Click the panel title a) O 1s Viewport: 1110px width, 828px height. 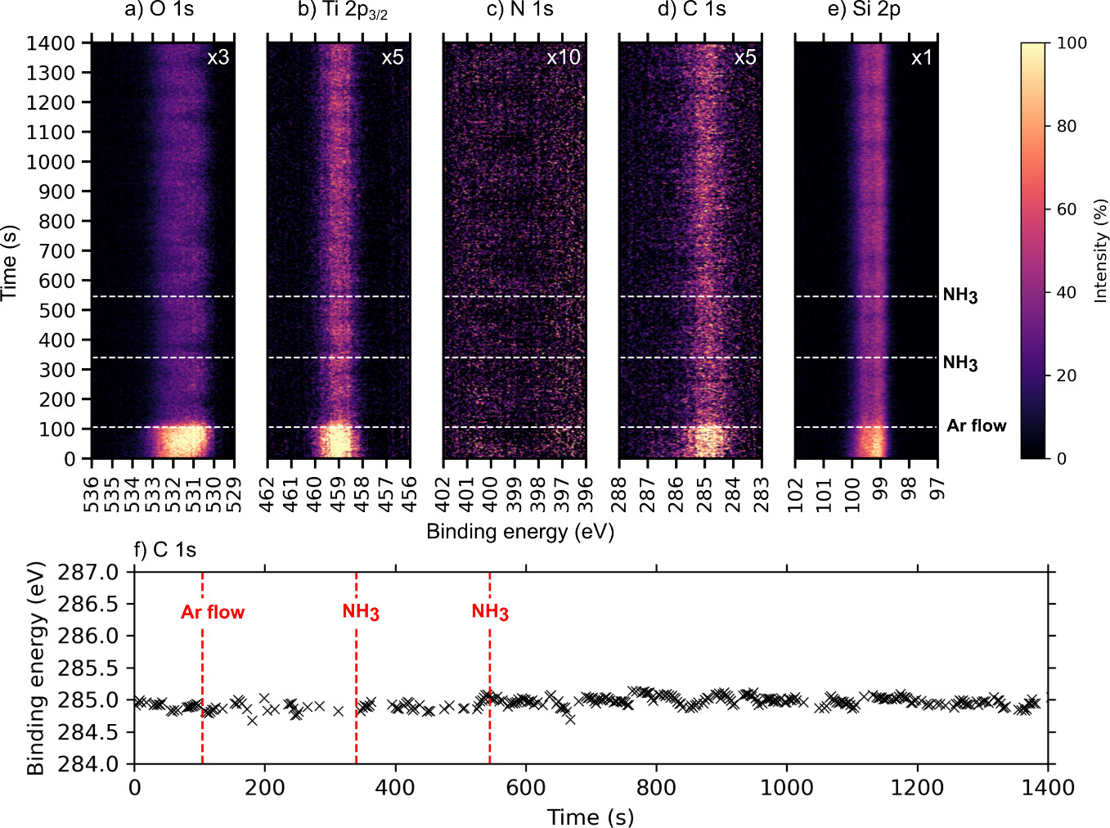tap(159, 10)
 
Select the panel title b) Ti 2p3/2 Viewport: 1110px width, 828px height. tap(342, 11)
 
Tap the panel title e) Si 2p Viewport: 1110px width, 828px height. tap(864, 10)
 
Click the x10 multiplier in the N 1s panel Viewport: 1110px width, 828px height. tap(563, 57)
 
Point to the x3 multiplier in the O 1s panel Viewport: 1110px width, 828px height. tap(218, 57)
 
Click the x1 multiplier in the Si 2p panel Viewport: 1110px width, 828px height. tap(921, 57)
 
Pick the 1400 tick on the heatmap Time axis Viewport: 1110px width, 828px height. tap(51, 43)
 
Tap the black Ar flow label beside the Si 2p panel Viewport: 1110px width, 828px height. tap(976, 425)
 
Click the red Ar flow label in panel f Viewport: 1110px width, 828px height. tap(213, 612)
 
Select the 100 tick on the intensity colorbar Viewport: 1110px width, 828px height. tap(1072, 43)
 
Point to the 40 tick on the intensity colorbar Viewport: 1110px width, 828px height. tap(1067, 293)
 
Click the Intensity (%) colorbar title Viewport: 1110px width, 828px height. tap(1100, 251)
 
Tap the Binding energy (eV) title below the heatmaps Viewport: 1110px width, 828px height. tap(520, 532)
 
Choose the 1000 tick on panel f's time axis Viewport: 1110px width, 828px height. tap(787, 788)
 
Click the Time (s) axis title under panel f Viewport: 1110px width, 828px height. tap(590, 817)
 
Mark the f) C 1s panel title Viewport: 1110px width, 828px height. tap(164, 550)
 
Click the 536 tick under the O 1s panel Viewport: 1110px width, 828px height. tap(91, 495)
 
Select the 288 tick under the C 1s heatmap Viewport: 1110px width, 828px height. tap(618, 495)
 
